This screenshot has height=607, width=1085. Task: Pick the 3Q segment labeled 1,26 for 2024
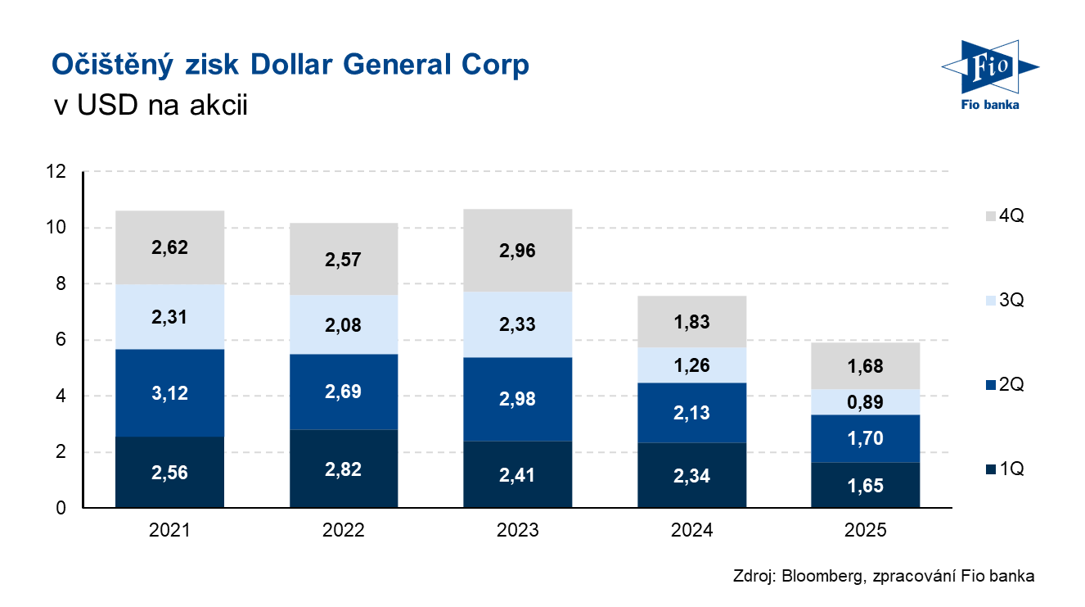[x=691, y=365]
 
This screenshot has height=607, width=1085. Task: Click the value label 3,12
[x=169, y=393]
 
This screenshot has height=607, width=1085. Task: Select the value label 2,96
[x=517, y=251]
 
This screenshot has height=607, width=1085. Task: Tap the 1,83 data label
[x=691, y=322]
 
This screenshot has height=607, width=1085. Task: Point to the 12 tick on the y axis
[x=56, y=172]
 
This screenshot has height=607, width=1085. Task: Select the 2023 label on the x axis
[x=517, y=531]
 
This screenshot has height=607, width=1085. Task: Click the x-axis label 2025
[x=866, y=531]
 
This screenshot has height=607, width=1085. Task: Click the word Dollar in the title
[x=290, y=65]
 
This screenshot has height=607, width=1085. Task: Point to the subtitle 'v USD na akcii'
[x=149, y=106]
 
